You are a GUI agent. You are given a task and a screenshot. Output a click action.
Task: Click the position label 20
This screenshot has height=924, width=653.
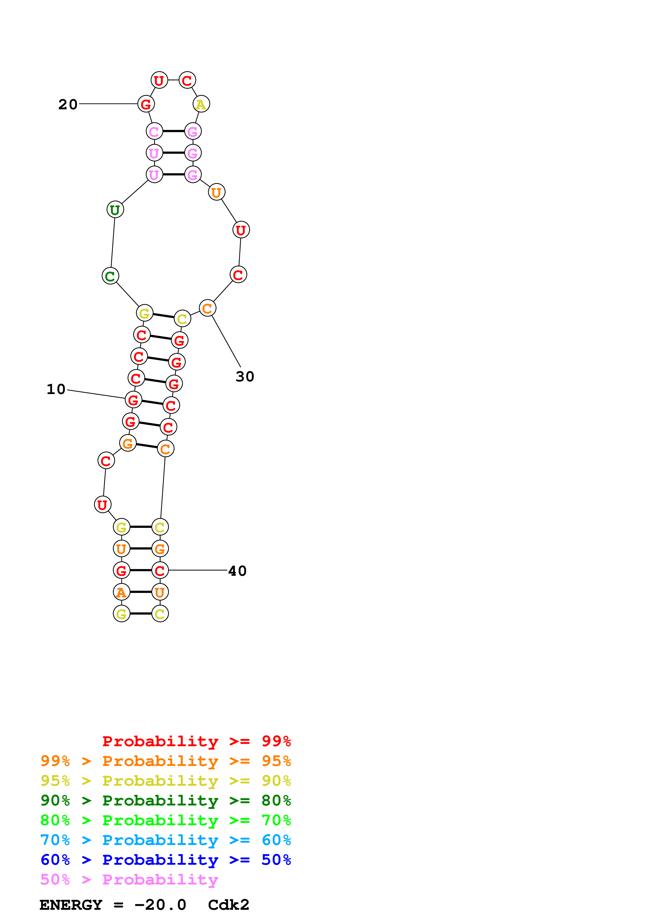coord(68,105)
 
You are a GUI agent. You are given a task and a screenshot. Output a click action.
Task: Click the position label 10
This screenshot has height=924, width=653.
coord(56,389)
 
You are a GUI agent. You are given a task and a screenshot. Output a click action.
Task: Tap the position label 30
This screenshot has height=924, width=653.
coord(245,377)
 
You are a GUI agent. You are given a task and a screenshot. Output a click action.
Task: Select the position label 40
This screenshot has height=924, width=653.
coord(237,571)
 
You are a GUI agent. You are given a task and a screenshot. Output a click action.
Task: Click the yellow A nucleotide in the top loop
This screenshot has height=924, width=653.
coord(201,104)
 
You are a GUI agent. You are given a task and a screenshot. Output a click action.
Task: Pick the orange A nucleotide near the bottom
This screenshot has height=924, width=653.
coord(121,592)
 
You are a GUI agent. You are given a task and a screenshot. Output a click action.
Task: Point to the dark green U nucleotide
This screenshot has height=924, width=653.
coord(115,210)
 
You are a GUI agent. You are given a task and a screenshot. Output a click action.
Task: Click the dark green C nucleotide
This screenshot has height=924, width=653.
coord(110,276)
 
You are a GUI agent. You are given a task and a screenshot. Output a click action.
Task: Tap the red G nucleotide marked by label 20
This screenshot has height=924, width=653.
coord(146,104)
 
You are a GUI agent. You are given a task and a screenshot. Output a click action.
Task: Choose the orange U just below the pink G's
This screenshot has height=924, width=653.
coord(217,192)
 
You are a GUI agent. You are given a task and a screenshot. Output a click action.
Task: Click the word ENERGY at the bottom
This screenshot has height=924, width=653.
coord(71,905)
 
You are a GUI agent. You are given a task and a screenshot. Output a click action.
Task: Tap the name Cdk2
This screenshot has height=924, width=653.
coord(229,905)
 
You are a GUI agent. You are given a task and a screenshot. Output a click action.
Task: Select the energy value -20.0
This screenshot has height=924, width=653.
coord(160,905)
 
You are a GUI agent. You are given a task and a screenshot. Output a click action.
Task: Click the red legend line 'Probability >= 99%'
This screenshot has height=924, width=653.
coord(196,741)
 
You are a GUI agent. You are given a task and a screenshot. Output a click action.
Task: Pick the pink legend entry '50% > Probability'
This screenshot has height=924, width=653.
coord(129,879)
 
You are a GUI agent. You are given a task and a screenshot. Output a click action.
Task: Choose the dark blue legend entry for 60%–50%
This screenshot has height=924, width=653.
coord(165,860)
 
